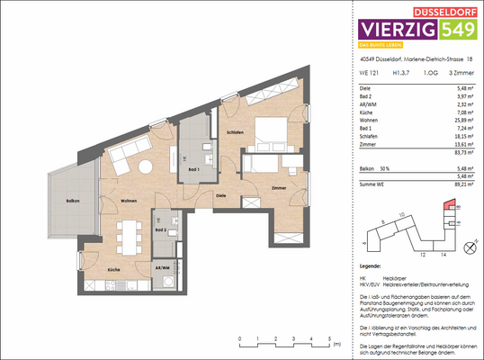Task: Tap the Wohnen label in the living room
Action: coord(130,201)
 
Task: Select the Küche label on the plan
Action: coord(113,269)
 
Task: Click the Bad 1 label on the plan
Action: coord(193,168)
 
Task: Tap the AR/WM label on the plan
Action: coord(163,268)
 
